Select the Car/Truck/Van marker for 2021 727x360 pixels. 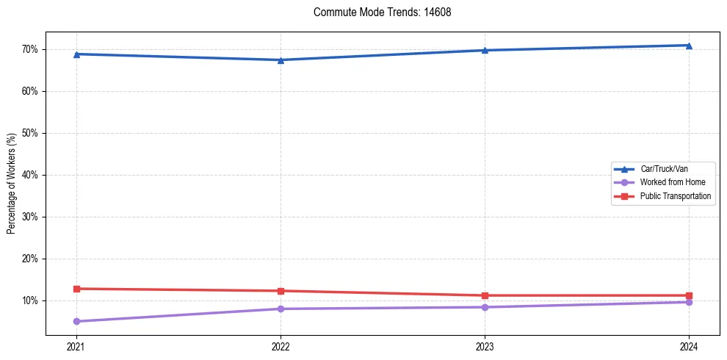tap(76, 54)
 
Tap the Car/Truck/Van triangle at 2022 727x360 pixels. tap(281, 60)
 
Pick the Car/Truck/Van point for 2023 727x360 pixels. tap(485, 50)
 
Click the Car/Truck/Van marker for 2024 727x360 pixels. tap(689, 46)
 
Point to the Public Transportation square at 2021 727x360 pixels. tap(76, 289)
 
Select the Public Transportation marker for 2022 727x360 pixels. tap(281, 291)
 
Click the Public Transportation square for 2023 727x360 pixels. tap(485, 295)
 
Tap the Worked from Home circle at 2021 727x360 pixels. tap(76, 321)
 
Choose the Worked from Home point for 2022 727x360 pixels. tap(281, 309)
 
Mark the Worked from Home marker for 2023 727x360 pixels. tap(485, 307)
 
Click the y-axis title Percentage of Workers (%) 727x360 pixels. tap(12, 184)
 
